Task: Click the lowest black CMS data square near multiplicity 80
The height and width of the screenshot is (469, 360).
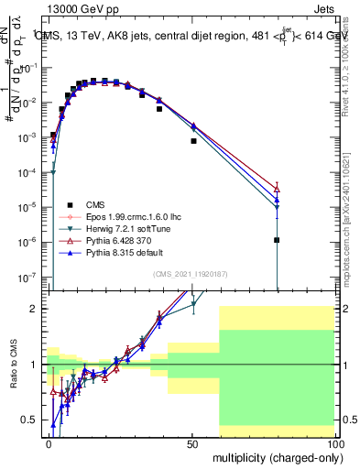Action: (277, 240)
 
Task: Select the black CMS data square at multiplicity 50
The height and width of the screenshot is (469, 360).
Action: (193, 141)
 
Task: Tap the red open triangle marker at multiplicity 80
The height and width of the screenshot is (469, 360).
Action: (277, 188)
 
